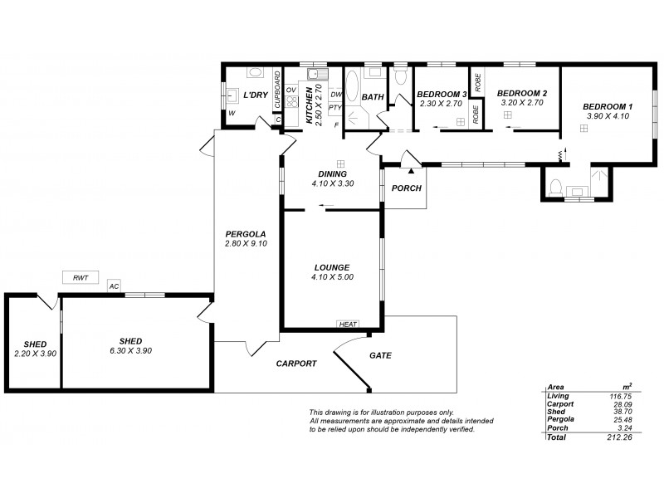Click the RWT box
[x=81, y=278]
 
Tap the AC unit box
[x=114, y=286]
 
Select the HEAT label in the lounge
[x=347, y=325]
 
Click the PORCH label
[x=407, y=188]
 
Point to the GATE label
[x=380, y=355]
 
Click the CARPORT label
[x=296, y=364]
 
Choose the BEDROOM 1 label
[x=607, y=107]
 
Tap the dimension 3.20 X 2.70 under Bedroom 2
[x=520, y=104]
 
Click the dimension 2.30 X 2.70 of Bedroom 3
[x=441, y=104]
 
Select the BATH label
[x=373, y=97]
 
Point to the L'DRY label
[x=254, y=95]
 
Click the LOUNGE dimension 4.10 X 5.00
[x=332, y=277]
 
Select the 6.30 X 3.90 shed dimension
[x=130, y=350]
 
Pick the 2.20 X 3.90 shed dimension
[x=35, y=354]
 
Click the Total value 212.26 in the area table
[x=621, y=437]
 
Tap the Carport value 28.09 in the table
[x=622, y=404]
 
